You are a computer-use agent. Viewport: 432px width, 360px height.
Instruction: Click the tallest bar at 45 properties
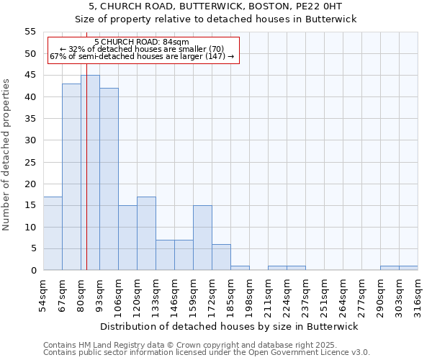90,173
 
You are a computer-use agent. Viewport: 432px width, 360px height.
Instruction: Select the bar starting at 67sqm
71,177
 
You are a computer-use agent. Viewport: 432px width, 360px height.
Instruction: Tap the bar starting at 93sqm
109,179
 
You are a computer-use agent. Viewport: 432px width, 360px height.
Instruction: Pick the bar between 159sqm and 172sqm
202,238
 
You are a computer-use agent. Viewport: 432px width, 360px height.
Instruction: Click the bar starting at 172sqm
221,257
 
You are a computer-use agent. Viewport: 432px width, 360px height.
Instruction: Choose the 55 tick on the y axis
30,32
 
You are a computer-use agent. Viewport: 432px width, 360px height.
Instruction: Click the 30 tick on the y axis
30,140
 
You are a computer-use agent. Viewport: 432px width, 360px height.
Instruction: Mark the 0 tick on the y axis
33,271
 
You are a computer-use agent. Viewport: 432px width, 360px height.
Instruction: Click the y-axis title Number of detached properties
7,154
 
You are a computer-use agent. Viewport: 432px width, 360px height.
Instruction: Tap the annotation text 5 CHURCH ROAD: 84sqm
142,42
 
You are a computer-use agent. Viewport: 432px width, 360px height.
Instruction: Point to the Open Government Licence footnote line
206,352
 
